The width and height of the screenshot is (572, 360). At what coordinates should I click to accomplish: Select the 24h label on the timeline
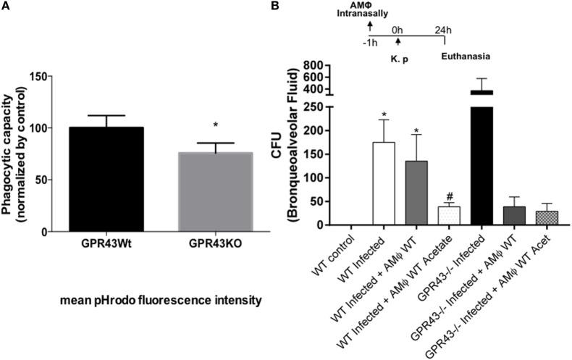439,31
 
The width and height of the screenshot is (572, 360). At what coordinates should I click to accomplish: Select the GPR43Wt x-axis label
112,243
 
